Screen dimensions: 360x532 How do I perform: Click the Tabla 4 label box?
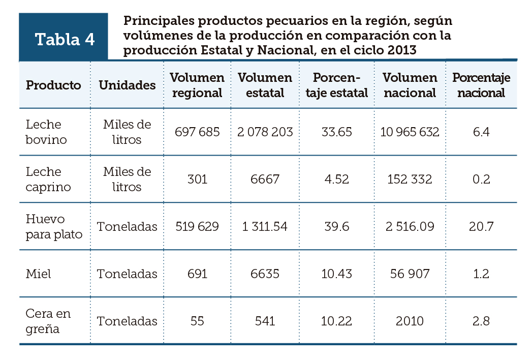64,39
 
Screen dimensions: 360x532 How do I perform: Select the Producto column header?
53,85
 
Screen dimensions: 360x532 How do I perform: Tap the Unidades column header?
127,85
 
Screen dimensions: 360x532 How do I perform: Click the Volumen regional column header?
197,85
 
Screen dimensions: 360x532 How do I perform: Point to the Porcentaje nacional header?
481,85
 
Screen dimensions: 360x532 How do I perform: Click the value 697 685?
197,132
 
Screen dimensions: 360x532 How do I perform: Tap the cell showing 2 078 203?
265,132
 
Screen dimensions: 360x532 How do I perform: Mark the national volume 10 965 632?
410,132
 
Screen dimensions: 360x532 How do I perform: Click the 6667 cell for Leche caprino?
265,179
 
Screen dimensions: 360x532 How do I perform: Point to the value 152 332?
410,179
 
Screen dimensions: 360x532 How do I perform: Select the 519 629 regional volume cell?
197,226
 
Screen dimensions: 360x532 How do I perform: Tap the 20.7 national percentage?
481,226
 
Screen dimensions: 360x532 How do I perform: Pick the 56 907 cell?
410,274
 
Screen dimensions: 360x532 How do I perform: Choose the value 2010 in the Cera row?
410,321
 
